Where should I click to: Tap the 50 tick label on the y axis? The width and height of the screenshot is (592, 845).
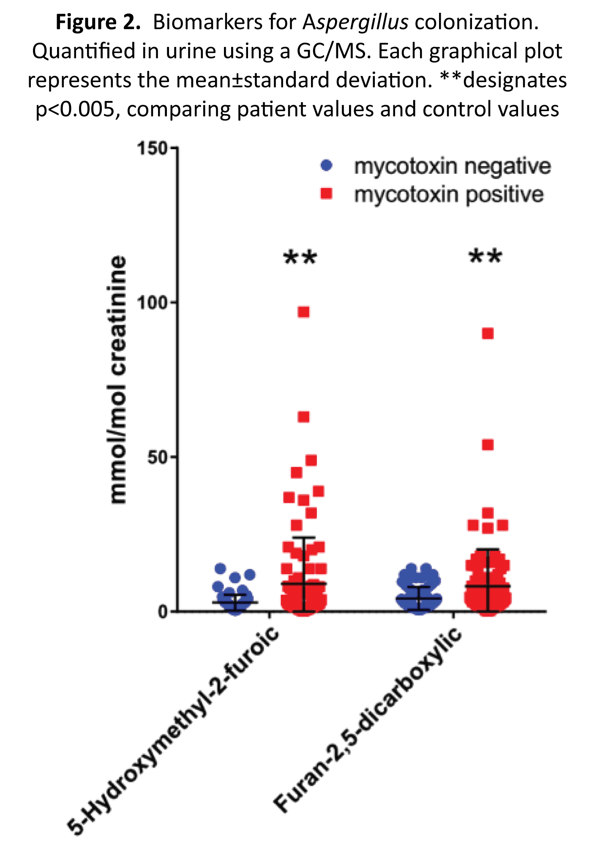(157, 457)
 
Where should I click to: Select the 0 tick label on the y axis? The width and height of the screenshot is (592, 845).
(163, 611)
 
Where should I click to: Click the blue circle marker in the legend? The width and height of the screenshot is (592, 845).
(326, 166)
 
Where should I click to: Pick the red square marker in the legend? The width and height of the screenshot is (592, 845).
(326, 194)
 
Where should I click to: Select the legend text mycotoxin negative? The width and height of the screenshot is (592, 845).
(452, 166)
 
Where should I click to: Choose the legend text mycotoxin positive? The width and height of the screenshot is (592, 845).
(449, 195)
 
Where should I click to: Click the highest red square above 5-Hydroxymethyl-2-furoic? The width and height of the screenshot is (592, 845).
(304, 312)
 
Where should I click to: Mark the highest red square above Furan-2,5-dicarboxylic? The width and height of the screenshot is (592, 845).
(488, 334)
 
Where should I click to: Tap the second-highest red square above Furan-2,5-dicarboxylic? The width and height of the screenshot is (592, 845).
(488, 445)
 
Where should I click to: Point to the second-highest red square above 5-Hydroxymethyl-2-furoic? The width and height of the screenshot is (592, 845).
(304, 417)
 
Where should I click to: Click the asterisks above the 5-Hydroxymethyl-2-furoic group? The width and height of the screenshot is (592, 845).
(300, 258)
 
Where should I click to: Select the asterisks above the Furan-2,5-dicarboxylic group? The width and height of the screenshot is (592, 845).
(486, 257)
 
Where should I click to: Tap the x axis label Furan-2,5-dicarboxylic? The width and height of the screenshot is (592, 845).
(368, 718)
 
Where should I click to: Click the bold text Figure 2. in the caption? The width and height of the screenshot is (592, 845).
(98, 22)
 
